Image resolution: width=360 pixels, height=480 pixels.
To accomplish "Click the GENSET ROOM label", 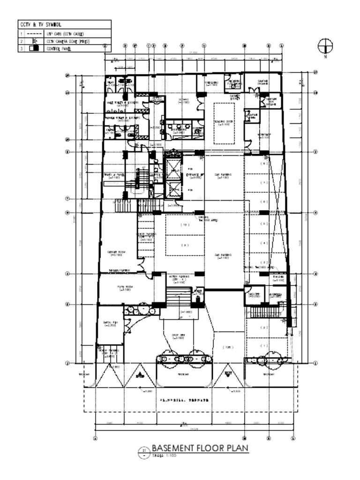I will pyautogui.click(x=115, y=253).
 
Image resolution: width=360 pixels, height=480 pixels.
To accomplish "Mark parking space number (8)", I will pyautogui.click(x=265, y=164).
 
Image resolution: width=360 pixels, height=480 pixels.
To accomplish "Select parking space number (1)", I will pyautogui.click(x=265, y=345).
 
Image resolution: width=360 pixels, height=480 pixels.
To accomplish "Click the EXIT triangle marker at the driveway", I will pyautogui.click(x=228, y=373).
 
